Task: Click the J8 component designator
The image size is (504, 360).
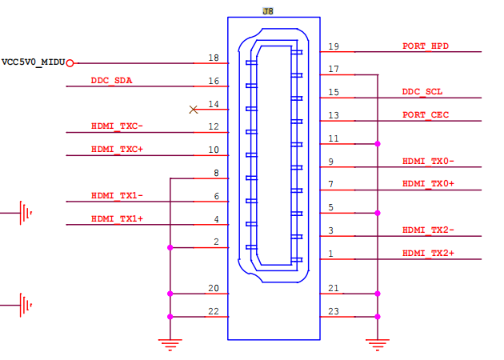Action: pyautogui.click(x=268, y=11)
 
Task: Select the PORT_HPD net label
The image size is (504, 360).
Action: pyautogui.click(x=426, y=46)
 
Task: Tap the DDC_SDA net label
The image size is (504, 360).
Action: pyautogui.click(x=111, y=80)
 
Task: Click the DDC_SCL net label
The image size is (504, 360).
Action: pyautogui.click(x=422, y=92)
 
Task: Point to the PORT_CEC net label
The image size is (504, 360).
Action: pyautogui.click(x=426, y=115)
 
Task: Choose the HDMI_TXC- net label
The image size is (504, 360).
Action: pyautogui.click(x=117, y=126)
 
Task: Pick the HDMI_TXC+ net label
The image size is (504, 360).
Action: pyautogui.click(x=117, y=149)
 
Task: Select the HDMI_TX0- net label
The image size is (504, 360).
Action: pyautogui.click(x=428, y=161)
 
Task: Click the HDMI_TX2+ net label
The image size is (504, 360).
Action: pyautogui.click(x=428, y=254)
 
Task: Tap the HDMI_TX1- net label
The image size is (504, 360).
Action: pyautogui.click(x=117, y=195)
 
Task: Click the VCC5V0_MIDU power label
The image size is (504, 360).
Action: pyautogui.click(x=34, y=62)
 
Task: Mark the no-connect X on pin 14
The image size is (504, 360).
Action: pyautogui.click(x=193, y=110)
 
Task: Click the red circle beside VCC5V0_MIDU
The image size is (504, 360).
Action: pyautogui.click(x=70, y=63)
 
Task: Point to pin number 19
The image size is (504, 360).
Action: pyautogui.click(x=334, y=46)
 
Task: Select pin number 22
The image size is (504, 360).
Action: pyautogui.click(x=214, y=311)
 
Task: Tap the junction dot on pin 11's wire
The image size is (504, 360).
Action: pyautogui.click(x=378, y=144)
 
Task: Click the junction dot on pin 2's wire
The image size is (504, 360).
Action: pyautogui.click(x=170, y=247)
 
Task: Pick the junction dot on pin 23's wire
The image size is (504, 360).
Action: pyautogui.click(x=378, y=317)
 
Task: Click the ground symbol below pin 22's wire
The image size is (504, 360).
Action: pyautogui.click(x=170, y=345)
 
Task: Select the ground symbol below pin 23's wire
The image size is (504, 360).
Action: pyautogui.click(x=378, y=345)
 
